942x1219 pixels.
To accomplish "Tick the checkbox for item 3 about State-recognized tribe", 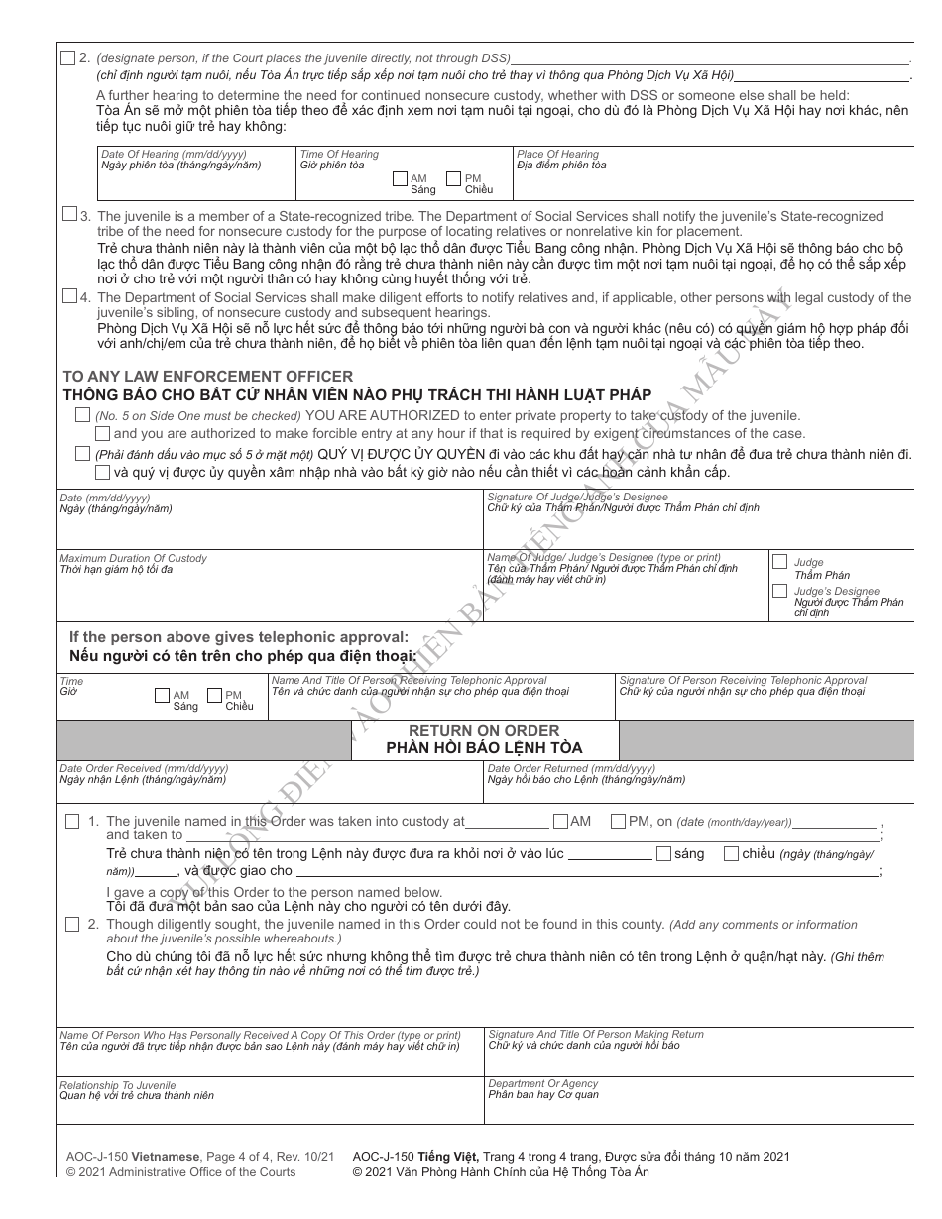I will tap(69, 214).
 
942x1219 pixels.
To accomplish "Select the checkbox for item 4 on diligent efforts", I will tap(69, 295).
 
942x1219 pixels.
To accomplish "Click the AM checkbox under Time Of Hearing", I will tap(400, 179).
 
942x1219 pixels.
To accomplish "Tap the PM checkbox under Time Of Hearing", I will tap(453, 179).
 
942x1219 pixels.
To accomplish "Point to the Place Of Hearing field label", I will tap(557, 155).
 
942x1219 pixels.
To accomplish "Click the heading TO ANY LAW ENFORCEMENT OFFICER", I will tap(207, 376).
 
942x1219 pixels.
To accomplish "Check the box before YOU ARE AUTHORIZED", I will tap(82, 415).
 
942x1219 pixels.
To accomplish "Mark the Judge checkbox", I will tap(780, 562).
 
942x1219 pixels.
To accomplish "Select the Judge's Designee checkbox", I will tap(780, 591).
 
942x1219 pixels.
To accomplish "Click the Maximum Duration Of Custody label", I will tap(133, 558).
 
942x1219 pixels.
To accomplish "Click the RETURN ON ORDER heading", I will tap(484, 731).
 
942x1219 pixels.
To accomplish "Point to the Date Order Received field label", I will tap(144, 768).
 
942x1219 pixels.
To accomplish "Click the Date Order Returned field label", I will tap(571, 768).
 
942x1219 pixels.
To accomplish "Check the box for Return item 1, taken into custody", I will tap(72, 821).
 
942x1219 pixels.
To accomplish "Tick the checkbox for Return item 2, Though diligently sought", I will tap(72, 924).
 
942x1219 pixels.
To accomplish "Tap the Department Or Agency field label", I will tap(543, 1084).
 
